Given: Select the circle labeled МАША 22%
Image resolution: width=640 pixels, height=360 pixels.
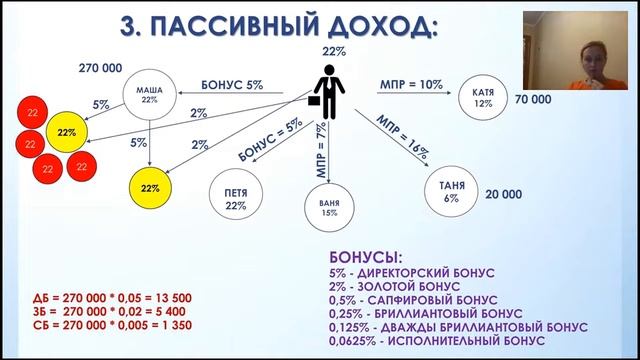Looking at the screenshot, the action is (149, 98).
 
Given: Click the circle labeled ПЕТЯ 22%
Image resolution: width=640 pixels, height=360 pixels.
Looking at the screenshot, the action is (238, 197).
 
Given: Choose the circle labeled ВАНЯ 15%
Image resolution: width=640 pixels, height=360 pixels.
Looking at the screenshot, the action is (316, 208).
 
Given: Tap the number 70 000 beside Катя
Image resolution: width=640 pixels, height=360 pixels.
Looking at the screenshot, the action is (534, 101).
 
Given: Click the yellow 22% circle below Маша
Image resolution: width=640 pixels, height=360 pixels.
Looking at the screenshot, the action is (150, 186).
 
